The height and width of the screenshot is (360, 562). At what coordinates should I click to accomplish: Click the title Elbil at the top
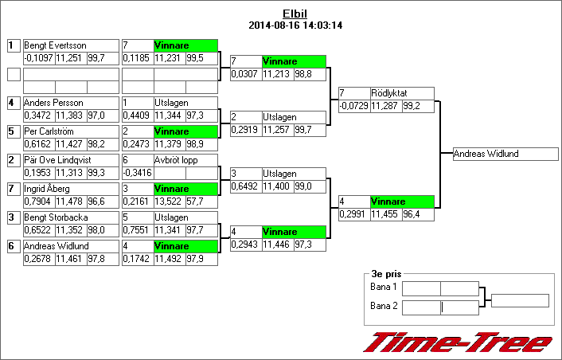[x=295, y=14]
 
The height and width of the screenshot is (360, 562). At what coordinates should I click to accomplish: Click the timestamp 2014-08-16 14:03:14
[x=295, y=25]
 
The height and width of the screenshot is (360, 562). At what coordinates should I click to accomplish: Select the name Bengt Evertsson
[x=55, y=45]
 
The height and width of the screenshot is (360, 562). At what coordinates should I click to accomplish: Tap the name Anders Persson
[x=53, y=103]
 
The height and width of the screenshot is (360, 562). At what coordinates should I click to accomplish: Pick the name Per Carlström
[x=51, y=131]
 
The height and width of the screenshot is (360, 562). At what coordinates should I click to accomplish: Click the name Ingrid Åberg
[x=47, y=189]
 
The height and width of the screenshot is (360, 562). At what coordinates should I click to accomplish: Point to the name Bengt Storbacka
[x=56, y=217]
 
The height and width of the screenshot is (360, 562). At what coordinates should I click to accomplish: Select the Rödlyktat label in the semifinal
[x=389, y=93]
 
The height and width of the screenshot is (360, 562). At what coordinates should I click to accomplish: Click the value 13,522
[x=168, y=202]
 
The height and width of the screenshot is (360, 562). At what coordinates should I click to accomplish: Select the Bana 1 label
[x=384, y=287]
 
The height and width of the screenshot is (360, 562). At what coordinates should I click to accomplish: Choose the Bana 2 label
[x=384, y=306]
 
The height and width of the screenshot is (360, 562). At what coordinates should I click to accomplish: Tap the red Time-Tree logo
[x=458, y=342]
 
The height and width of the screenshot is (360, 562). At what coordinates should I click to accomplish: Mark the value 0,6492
[x=246, y=186]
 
